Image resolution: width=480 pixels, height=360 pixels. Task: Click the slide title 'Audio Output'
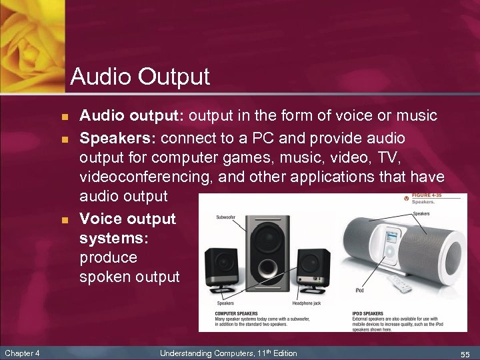[x=140, y=77]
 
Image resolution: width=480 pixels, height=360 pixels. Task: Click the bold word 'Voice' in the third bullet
[x=101, y=219]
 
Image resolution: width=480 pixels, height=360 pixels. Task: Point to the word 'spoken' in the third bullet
[x=103, y=277]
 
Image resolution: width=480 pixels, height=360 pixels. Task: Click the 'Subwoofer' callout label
[x=225, y=217]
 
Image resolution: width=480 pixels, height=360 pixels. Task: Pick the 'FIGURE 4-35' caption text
[x=427, y=195]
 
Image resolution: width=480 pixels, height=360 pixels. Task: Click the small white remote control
[x=403, y=286]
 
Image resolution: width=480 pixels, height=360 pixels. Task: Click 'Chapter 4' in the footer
[x=21, y=353]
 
